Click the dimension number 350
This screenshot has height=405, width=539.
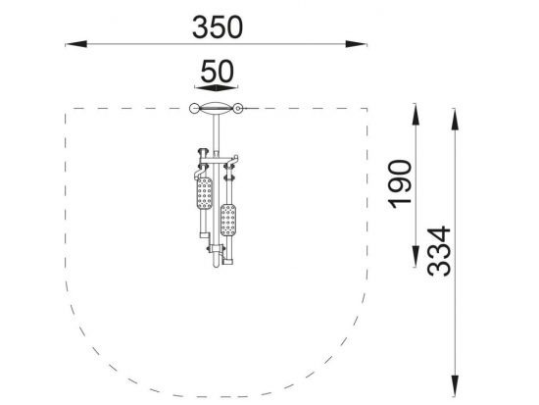click(218, 27)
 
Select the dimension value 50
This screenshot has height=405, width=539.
click(218, 72)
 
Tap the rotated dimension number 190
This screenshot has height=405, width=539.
click(400, 183)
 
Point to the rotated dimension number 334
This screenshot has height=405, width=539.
click(439, 251)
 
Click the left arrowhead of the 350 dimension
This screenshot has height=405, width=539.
click(76, 44)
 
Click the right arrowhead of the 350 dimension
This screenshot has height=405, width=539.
click(356, 44)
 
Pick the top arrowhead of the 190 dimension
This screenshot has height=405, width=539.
click(416, 114)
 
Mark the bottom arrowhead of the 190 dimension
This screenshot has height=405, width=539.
click(416, 256)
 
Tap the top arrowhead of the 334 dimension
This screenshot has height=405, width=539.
click(455, 119)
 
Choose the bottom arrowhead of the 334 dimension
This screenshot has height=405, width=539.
click(455, 386)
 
